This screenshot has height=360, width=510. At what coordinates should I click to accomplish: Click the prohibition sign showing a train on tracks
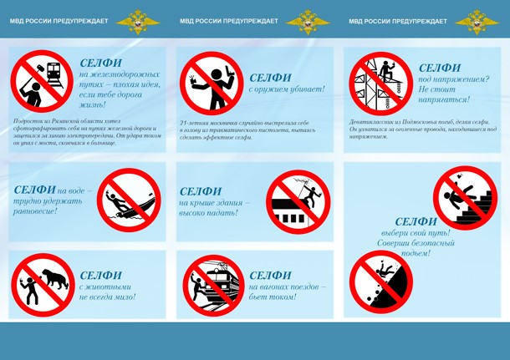click(41, 81)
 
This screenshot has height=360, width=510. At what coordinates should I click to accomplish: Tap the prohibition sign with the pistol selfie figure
click(211, 82)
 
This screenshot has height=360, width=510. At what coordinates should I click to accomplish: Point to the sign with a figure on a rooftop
click(298, 201)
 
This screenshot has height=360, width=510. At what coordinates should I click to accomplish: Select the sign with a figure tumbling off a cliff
click(381, 281)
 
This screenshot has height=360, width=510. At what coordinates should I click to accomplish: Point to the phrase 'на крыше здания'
click(214, 203)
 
